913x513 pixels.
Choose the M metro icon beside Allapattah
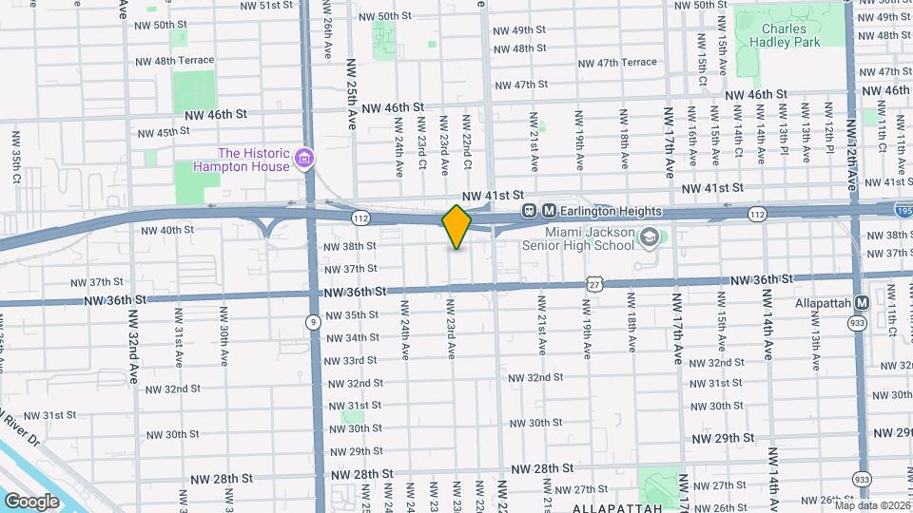(862, 303)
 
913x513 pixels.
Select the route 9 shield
(313, 323)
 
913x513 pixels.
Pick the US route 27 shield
(595, 284)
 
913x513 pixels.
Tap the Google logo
(32, 501)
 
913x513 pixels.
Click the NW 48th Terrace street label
(172, 60)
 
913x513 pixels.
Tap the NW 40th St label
(166, 230)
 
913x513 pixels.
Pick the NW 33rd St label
(353, 360)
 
